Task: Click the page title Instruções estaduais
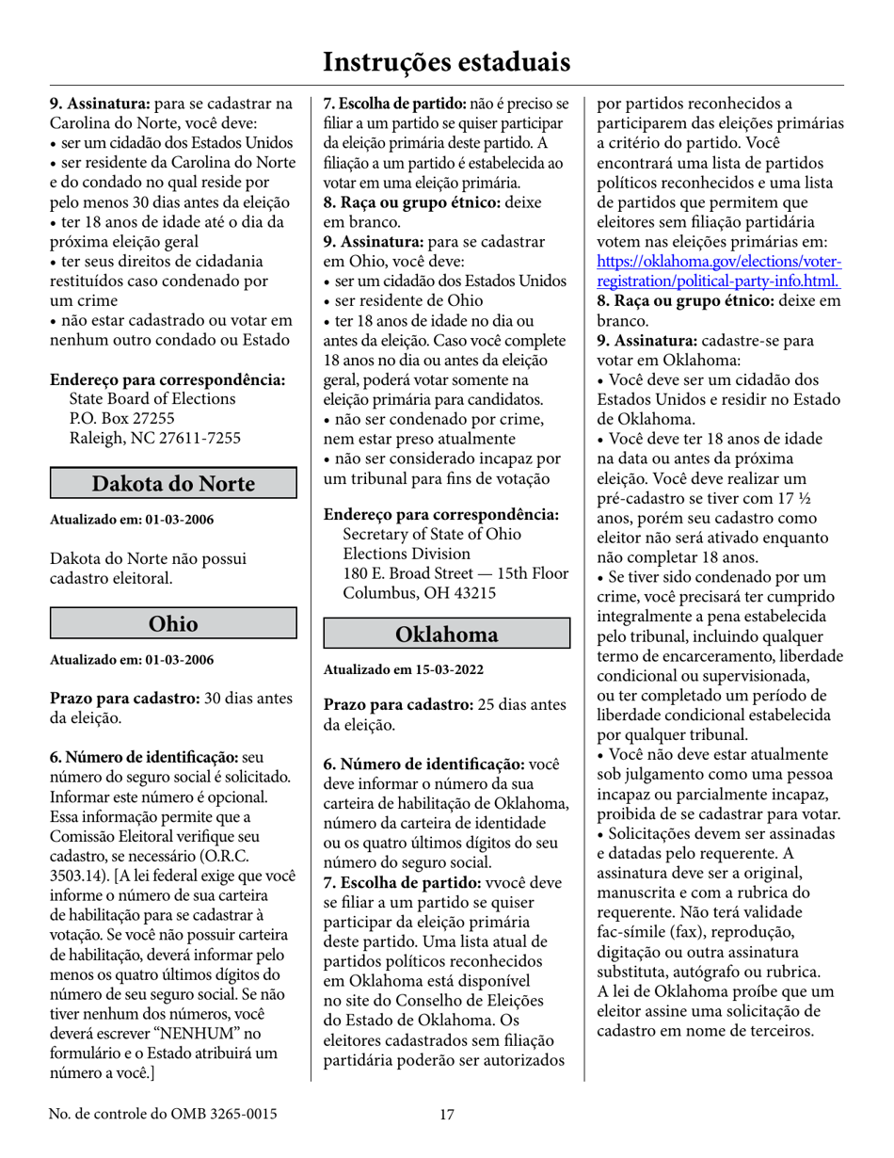446,62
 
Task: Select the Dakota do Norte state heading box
173,483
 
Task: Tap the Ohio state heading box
173,623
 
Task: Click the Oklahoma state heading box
447,634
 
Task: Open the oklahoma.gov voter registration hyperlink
720,271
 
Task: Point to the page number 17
447,1115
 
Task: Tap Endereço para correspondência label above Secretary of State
441,515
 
